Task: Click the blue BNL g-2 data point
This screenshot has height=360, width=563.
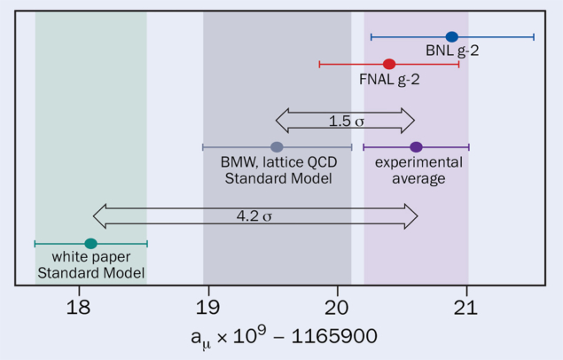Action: (x=452, y=36)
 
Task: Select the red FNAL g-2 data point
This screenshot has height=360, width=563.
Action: (x=389, y=64)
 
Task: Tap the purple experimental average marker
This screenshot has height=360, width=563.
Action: (x=416, y=147)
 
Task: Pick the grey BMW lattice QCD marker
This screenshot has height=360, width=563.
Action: (x=277, y=147)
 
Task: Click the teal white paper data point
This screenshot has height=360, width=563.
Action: (x=90, y=243)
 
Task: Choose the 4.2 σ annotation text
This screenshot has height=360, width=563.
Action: (x=254, y=215)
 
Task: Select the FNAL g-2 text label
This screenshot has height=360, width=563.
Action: (x=389, y=79)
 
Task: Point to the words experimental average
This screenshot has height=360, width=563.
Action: (x=418, y=170)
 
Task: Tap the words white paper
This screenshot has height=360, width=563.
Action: (x=91, y=258)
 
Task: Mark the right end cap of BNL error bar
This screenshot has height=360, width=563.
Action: (x=534, y=36)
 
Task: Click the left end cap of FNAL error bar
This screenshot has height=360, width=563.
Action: (x=319, y=64)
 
